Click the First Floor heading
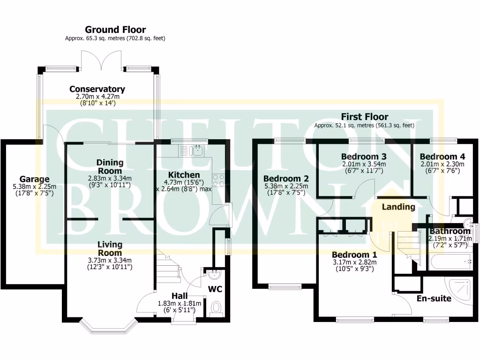(364, 117)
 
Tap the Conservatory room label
(97, 89)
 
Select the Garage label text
(34, 179)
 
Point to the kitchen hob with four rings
(218, 180)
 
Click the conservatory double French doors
(102, 61)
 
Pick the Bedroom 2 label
(285, 179)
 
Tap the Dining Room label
(110, 166)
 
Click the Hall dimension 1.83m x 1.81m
(180, 303)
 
